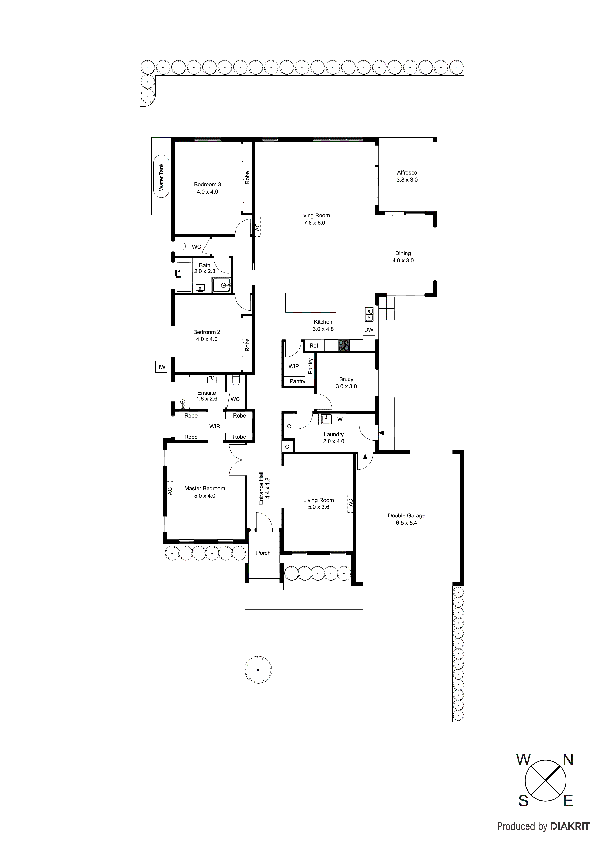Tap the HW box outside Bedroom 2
(x=161, y=367)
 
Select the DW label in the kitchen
(x=368, y=330)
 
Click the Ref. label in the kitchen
(x=314, y=346)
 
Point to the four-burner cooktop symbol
(x=343, y=346)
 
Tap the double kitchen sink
(x=369, y=314)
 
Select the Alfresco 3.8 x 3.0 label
(x=407, y=176)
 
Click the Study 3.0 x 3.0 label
(x=346, y=383)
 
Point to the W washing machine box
(x=340, y=419)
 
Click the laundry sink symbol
(x=326, y=419)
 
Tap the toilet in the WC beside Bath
(x=181, y=246)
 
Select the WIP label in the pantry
(x=294, y=366)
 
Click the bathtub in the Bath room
(x=183, y=277)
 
